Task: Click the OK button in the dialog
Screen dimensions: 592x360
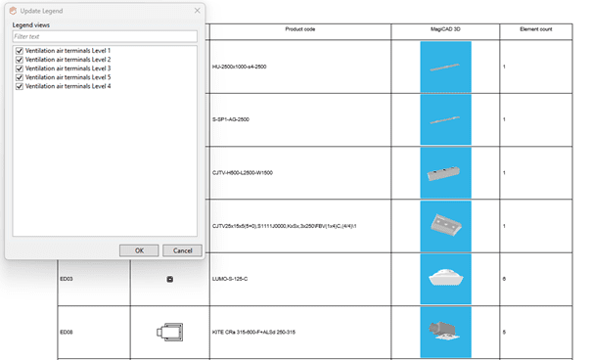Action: (139, 250)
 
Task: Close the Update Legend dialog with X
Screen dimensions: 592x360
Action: (197, 11)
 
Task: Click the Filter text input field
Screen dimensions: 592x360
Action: (105, 36)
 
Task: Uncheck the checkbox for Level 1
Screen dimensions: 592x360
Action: (20, 51)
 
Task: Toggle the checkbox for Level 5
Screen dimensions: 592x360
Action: (20, 77)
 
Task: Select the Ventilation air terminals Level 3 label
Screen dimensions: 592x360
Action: (68, 68)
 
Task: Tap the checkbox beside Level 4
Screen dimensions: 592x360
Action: (20, 86)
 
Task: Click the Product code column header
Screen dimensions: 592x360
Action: (300, 29)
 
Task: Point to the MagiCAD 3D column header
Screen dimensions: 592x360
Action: (445, 29)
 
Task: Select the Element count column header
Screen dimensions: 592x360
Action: (536, 29)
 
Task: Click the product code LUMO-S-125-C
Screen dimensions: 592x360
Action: (230, 279)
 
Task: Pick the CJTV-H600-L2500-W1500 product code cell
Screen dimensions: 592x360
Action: (243, 173)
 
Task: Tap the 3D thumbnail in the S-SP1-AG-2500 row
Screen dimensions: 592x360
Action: (445, 119)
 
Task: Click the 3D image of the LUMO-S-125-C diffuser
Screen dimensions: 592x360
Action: (445, 279)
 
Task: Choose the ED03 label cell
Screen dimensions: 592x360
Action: (67, 279)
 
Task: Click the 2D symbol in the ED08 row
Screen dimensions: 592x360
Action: (170, 332)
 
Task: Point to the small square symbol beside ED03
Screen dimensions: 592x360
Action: (170, 279)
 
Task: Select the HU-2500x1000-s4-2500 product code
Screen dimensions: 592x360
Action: (240, 67)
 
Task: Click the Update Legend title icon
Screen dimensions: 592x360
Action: (13, 11)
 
